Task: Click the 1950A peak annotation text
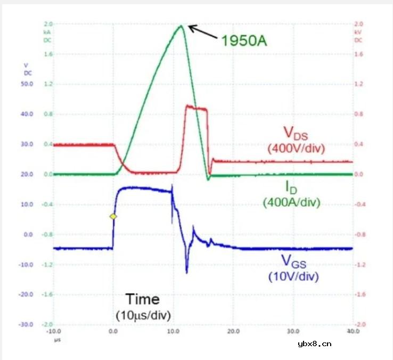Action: click(x=244, y=41)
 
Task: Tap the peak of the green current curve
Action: click(x=181, y=26)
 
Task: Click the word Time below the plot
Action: click(x=142, y=299)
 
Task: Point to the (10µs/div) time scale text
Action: click(x=143, y=315)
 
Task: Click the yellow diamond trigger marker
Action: click(x=112, y=216)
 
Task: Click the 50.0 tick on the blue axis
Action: click(x=27, y=84)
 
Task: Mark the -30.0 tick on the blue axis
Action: click(x=26, y=324)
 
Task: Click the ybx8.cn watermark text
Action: click(x=314, y=344)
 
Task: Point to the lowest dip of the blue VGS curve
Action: click(x=187, y=272)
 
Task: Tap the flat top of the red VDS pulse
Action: click(x=195, y=108)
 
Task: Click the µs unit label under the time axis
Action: click(x=55, y=338)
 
